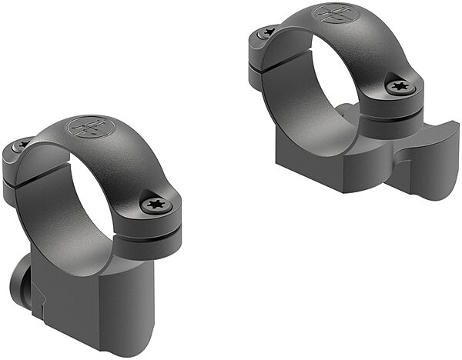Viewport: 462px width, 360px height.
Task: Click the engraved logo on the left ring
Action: [86, 127]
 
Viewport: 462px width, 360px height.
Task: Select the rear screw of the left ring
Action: [22, 145]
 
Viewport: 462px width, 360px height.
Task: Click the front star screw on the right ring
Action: [400, 86]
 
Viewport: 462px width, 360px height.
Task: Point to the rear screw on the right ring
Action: [267, 33]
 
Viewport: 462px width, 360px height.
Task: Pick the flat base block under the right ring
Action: [323, 165]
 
